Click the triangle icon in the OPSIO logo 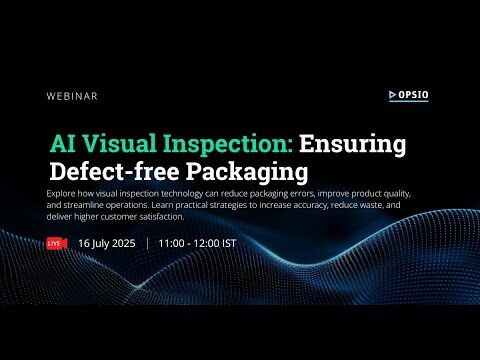(x=393, y=96)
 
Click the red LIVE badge (x=56, y=243)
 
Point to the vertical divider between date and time (x=147, y=243)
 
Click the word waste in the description (x=367, y=204)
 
